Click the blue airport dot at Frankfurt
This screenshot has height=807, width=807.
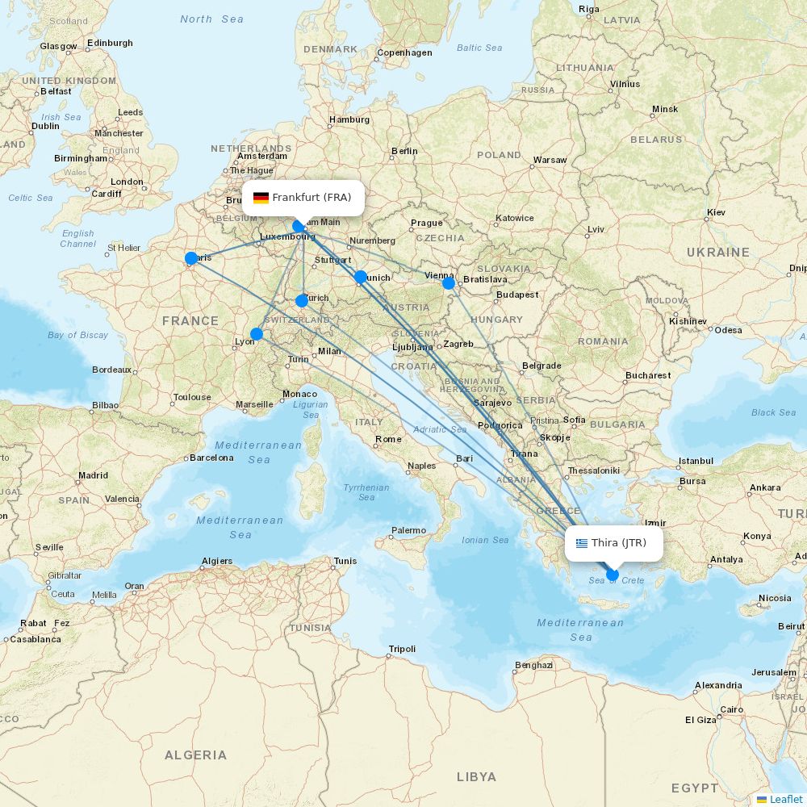(x=299, y=226)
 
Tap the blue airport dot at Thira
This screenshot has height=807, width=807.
(x=613, y=575)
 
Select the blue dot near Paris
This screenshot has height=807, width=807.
(x=191, y=258)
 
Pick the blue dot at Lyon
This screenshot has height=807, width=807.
(x=257, y=334)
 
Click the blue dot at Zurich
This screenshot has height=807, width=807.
(x=302, y=301)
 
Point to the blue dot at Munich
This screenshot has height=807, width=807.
(x=361, y=277)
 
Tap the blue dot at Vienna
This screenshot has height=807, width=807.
(x=449, y=283)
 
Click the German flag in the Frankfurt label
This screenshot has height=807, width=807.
(x=261, y=198)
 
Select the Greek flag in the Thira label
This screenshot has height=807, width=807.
(x=582, y=543)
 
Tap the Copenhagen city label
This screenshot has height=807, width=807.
(x=405, y=53)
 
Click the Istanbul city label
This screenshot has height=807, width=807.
(x=696, y=461)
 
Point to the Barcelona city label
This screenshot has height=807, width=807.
(x=211, y=458)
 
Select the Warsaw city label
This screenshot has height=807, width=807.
(x=550, y=160)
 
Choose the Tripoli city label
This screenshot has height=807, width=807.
(x=402, y=649)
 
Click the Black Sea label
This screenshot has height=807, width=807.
(x=773, y=412)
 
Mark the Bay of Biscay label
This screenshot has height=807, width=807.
(x=77, y=335)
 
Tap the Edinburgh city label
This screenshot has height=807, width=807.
(x=110, y=43)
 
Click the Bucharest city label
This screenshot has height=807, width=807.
(x=648, y=375)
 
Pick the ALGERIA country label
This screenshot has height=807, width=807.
(x=195, y=755)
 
